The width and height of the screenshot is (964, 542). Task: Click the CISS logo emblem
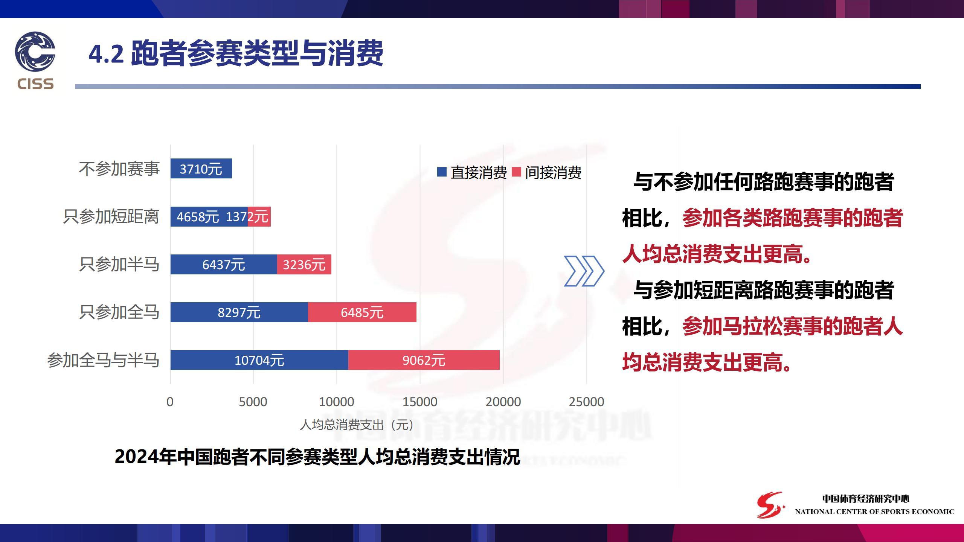35,51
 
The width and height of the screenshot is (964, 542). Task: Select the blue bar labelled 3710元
201,169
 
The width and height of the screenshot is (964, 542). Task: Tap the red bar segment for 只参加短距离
259,216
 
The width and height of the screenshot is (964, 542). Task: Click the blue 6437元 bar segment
224,264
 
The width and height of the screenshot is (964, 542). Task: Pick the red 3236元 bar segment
304,264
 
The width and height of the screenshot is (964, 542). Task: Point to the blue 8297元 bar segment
239,312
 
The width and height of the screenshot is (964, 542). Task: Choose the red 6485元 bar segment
362,312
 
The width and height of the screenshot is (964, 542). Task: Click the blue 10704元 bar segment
259,360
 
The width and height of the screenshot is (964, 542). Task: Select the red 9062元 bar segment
424,360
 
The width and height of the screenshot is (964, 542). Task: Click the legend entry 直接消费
472,172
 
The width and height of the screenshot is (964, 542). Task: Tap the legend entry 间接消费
547,172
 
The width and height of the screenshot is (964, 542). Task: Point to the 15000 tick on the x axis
420,402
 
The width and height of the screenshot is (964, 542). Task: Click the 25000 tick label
586,402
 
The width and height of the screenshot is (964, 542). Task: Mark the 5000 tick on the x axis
253,402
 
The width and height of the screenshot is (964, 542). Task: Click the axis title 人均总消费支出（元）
357,425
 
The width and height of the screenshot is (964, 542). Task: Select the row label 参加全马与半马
103,360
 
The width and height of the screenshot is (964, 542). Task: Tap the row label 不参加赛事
119,169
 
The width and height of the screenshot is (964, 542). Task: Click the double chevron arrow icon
584,271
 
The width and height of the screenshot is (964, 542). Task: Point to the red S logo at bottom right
770,505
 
